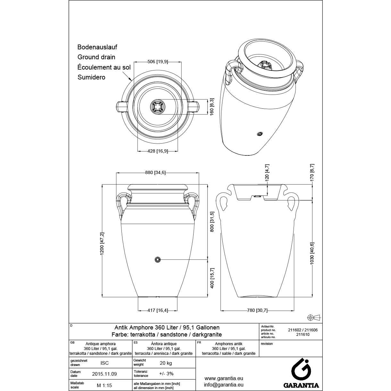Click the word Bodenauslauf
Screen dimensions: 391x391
(x=97, y=47)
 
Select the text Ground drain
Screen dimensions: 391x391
(x=96, y=57)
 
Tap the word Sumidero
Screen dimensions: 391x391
(x=91, y=77)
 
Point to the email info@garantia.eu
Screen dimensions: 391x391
(x=224, y=385)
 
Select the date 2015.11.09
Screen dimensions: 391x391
(x=104, y=374)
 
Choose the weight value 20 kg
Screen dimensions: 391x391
(x=166, y=363)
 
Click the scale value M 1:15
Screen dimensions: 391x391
(x=104, y=386)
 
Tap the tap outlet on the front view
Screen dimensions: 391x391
(x=157, y=259)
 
